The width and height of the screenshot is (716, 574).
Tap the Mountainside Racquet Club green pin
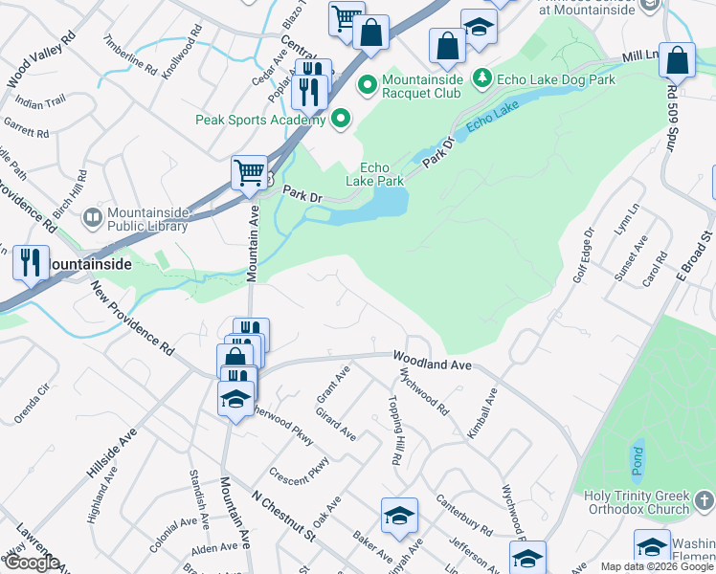coord(368,86)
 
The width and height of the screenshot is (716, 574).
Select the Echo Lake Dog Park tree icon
coord(484,78)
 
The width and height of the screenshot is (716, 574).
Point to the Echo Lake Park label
coord(374,173)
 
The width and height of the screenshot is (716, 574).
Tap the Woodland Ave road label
coord(434,360)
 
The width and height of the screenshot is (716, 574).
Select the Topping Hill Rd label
coord(394,430)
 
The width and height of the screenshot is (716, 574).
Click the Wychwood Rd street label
coord(427,392)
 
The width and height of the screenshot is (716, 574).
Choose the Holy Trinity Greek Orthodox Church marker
coord(704,500)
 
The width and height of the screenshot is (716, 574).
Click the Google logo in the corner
coord(31,563)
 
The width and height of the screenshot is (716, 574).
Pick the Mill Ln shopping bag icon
coord(677,60)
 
